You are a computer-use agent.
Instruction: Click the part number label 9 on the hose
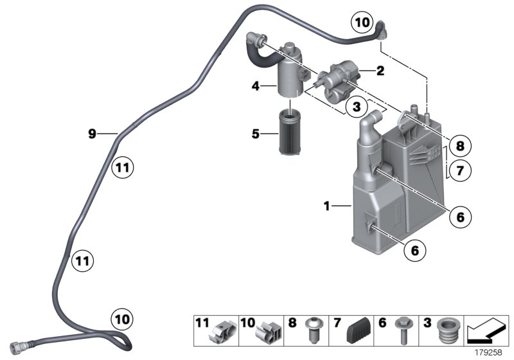93,134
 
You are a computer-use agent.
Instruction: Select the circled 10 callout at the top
362,23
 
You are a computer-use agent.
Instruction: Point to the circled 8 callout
459,147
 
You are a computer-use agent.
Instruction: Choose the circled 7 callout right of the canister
459,172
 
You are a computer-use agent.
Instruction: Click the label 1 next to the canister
327,206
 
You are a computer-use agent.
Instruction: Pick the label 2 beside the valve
380,72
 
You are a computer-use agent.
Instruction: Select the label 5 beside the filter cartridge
256,134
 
